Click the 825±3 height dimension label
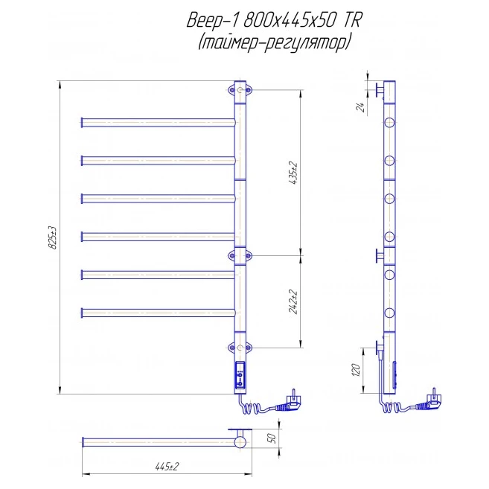53,237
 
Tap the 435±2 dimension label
294,173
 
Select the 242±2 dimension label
294,302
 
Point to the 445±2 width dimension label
167,467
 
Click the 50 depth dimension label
272,438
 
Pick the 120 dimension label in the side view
357,370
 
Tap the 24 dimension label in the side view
360,107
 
